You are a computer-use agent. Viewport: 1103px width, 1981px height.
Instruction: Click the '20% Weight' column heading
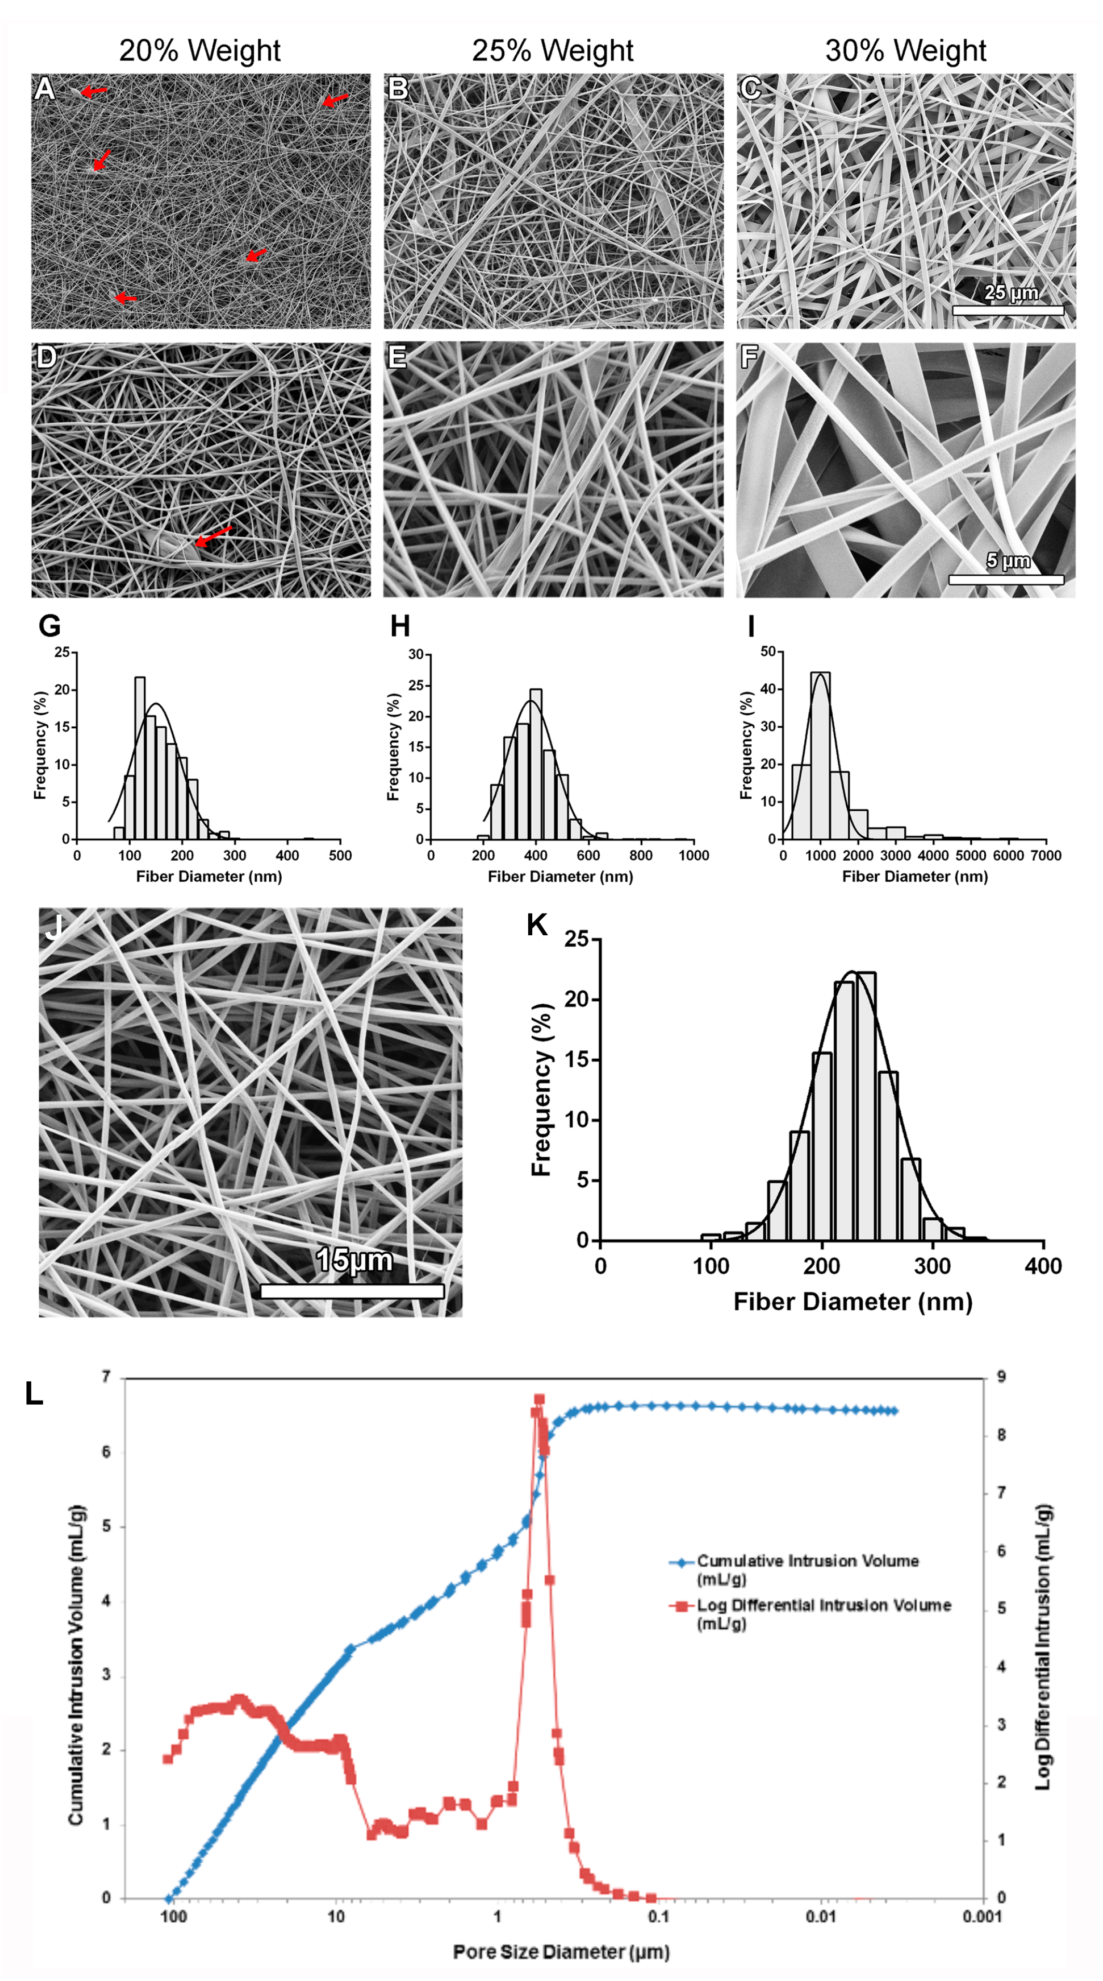tap(199, 51)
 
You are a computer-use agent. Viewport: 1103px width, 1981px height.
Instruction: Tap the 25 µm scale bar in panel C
tap(1008, 310)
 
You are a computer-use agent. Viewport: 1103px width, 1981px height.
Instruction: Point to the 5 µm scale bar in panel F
tap(1005, 579)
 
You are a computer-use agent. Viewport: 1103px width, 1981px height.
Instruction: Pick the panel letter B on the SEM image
tap(397, 88)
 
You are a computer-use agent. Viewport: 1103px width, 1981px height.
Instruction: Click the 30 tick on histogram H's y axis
tap(416, 655)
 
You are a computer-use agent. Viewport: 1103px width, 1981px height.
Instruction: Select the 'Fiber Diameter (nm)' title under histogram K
tap(852, 1301)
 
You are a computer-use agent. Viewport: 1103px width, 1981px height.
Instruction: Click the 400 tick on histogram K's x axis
tap(1042, 1266)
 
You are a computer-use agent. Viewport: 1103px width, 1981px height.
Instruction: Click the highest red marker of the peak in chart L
tap(539, 1400)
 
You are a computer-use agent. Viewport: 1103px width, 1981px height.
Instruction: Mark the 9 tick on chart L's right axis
tap(1001, 1377)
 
